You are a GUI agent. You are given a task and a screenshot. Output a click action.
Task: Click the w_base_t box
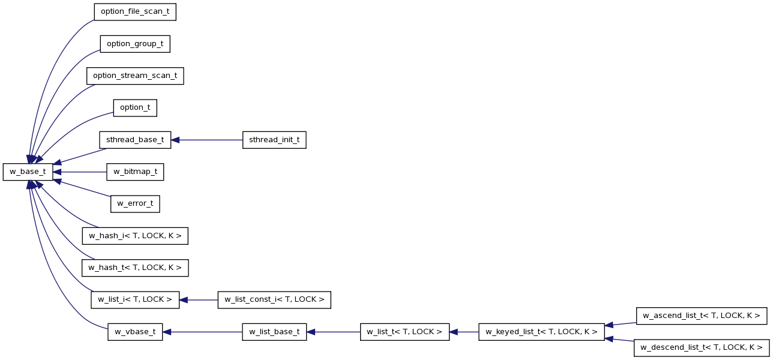pyautogui.click(x=28, y=172)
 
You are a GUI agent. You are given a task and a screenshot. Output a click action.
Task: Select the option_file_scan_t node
pyautogui.click(x=135, y=12)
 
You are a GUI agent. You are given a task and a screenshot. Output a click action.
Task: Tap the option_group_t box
pyautogui.click(x=135, y=44)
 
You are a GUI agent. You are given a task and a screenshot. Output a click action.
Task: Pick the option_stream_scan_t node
pyautogui.click(x=135, y=76)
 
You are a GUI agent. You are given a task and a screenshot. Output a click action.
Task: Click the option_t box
pyautogui.click(x=135, y=108)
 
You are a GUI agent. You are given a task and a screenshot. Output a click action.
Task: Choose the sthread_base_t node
pyautogui.click(x=135, y=140)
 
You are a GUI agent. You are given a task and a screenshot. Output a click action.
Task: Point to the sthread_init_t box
pyautogui.click(x=274, y=140)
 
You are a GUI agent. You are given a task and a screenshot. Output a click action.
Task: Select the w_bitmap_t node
pyautogui.click(x=135, y=172)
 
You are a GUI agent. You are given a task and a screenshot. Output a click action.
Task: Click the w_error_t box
pyautogui.click(x=135, y=204)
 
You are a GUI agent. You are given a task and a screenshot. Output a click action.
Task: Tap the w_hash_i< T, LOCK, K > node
pyautogui.click(x=135, y=236)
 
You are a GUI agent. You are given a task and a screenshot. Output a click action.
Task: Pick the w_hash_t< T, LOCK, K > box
pyautogui.click(x=135, y=268)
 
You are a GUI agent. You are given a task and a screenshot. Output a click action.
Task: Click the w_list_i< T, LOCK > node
pyautogui.click(x=135, y=300)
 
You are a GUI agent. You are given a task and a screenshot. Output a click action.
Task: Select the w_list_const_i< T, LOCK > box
pyautogui.click(x=274, y=300)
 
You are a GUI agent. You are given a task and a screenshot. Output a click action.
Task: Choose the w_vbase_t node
pyautogui.click(x=135, y=332)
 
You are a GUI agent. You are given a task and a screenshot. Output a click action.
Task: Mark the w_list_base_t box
pyautogui.click(x=274, y=332)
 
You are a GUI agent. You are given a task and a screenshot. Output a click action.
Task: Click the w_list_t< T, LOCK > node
pyautogui.click(x=405, y=332)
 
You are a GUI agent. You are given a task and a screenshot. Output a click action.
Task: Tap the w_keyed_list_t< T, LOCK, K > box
pyautogui.click(x=541, y=332)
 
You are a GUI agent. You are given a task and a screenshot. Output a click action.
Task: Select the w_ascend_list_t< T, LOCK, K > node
pyautogui.click(x=702, y=316)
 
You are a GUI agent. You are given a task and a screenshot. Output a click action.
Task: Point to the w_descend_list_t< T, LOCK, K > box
pyautogui.click(x=702, y=348)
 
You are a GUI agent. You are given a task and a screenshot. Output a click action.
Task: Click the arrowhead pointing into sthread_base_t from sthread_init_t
pyautogui.click(x=175, y=140)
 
